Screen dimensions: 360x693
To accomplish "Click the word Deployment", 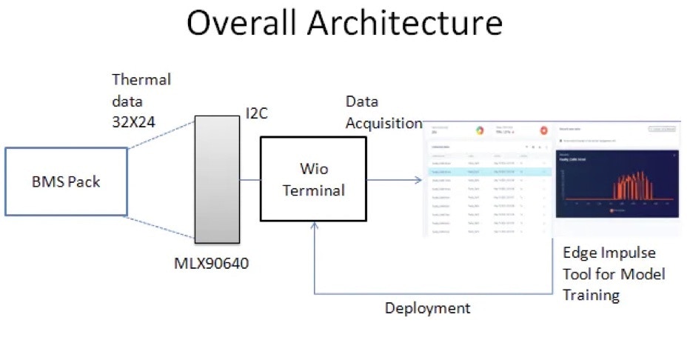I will click(427, 307).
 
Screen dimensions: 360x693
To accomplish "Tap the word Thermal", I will click(141, 79).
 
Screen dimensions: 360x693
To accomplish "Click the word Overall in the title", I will click(245, 23).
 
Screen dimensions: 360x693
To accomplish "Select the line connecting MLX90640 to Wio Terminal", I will click(250, 179).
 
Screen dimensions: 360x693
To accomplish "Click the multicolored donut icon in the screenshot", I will click(479, 130).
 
